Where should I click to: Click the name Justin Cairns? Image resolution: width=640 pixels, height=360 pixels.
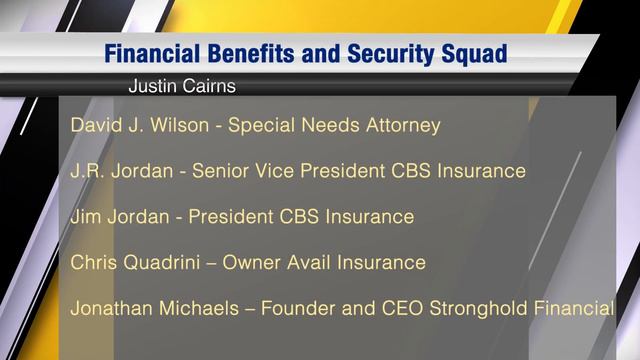182,86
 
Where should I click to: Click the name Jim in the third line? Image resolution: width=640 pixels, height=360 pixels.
86,217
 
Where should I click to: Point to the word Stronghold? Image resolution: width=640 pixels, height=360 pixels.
488,309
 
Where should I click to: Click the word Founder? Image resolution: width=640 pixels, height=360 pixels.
296,309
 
